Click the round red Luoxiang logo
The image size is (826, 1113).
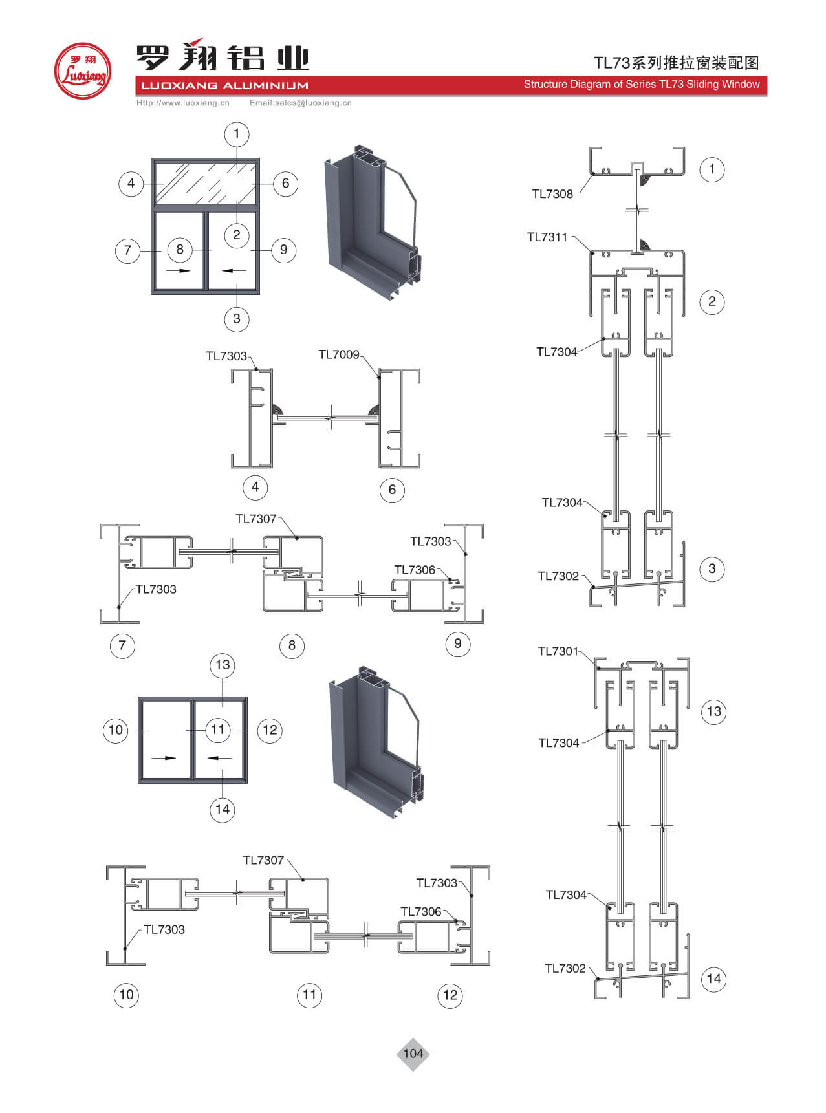pos(82,71)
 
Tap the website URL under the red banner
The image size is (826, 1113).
pos(182,103)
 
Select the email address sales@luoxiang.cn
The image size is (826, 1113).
pos(300,103)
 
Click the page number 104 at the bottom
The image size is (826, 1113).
pos(413,1054)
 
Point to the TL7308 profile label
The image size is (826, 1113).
pos(552,194)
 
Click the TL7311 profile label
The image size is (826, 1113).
pos(547,237)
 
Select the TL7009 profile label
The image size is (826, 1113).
pos(338,354)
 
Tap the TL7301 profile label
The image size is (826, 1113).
pos(558,651)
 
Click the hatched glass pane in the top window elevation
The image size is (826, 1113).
pos(205,182)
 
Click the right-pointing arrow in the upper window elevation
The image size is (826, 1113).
pos(179,270)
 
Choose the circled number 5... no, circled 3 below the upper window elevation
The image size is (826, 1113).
pos(236,318)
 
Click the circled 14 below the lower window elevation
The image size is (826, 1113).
pos(223,809)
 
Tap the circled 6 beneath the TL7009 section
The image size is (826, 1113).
pos(392,490)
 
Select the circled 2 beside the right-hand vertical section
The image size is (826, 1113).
pos(712,301)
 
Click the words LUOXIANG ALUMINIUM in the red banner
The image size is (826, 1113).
pos(224,85)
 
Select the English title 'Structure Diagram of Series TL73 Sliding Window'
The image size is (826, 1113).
pos(641,84)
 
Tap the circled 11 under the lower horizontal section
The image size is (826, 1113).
pos(309,995)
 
